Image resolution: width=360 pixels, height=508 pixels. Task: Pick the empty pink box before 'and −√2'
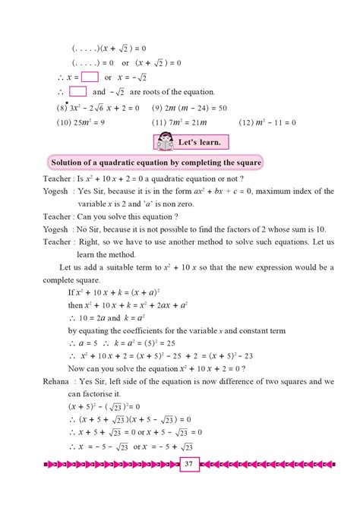coord(78,92)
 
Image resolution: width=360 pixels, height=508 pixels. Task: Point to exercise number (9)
coord(159,108)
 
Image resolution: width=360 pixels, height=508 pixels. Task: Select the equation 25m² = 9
coord(89,122)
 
